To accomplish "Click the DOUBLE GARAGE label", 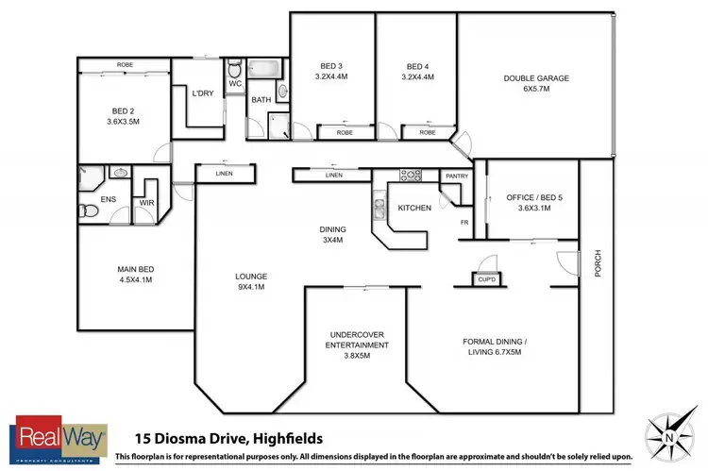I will (535, 79).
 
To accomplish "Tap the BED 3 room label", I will (331, 66).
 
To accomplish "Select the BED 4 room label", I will (417, 66).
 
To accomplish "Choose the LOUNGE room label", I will (251, 277).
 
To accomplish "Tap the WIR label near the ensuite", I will (147, 202).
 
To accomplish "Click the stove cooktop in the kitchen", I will (412, 176).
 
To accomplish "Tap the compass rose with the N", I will (670, 436).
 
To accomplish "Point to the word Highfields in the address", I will (283, 438).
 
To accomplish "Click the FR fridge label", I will (464, 221).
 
